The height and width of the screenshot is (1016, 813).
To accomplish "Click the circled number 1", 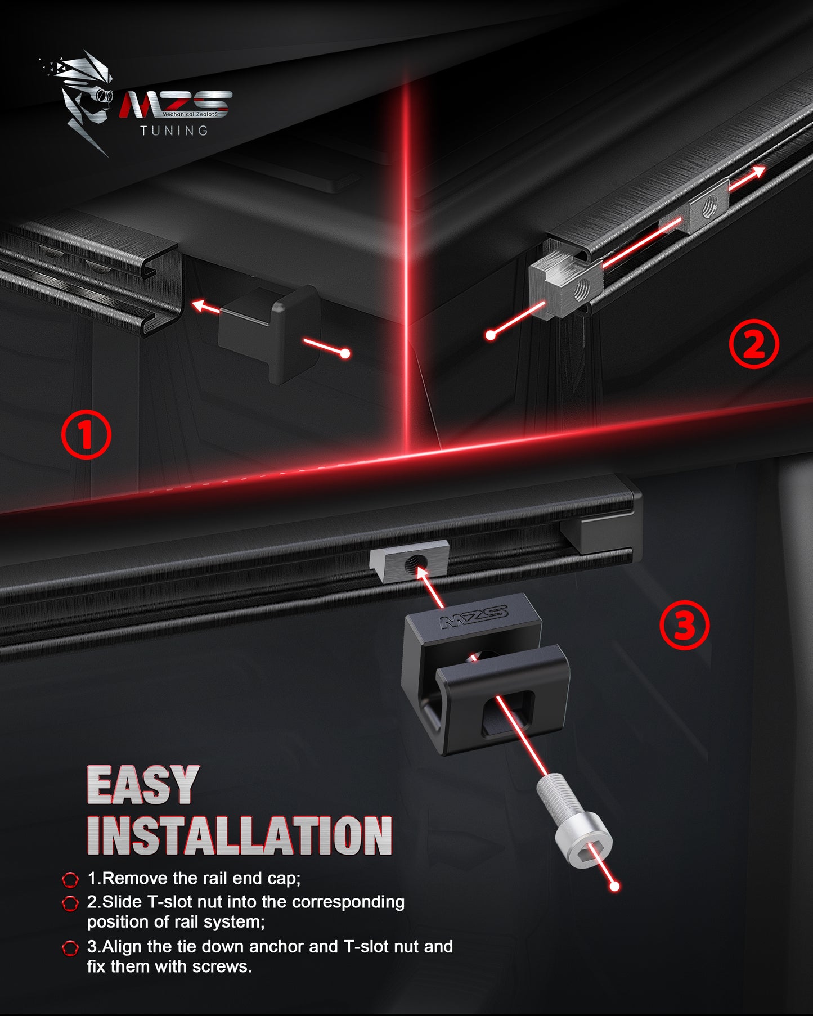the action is click(86, 435).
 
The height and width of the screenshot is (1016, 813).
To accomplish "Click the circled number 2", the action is click(754, 344).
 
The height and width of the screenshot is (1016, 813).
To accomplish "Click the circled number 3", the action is click(684, 625).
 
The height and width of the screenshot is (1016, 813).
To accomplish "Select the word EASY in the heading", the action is click(143, 785).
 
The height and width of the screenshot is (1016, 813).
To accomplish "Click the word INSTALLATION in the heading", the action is click(240, 836).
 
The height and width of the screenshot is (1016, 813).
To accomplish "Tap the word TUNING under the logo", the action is click(174, 131).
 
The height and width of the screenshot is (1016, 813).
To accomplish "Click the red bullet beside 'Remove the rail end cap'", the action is click(70, 879).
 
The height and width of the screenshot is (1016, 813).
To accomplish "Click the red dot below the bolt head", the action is click(614, 887).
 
